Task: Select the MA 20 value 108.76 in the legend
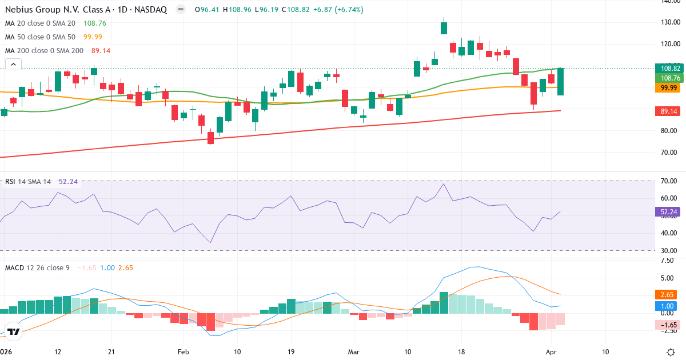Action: [x=95, y=23]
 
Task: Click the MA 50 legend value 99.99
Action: [x=93, y=37]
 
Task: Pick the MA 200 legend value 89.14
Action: [x=101, y=51]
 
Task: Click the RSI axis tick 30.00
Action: [x=669, y=250]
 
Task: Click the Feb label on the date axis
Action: [x=182, y=351]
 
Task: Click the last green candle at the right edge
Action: [x=561, y=81]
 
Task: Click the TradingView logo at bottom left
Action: [x=14, y=331]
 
